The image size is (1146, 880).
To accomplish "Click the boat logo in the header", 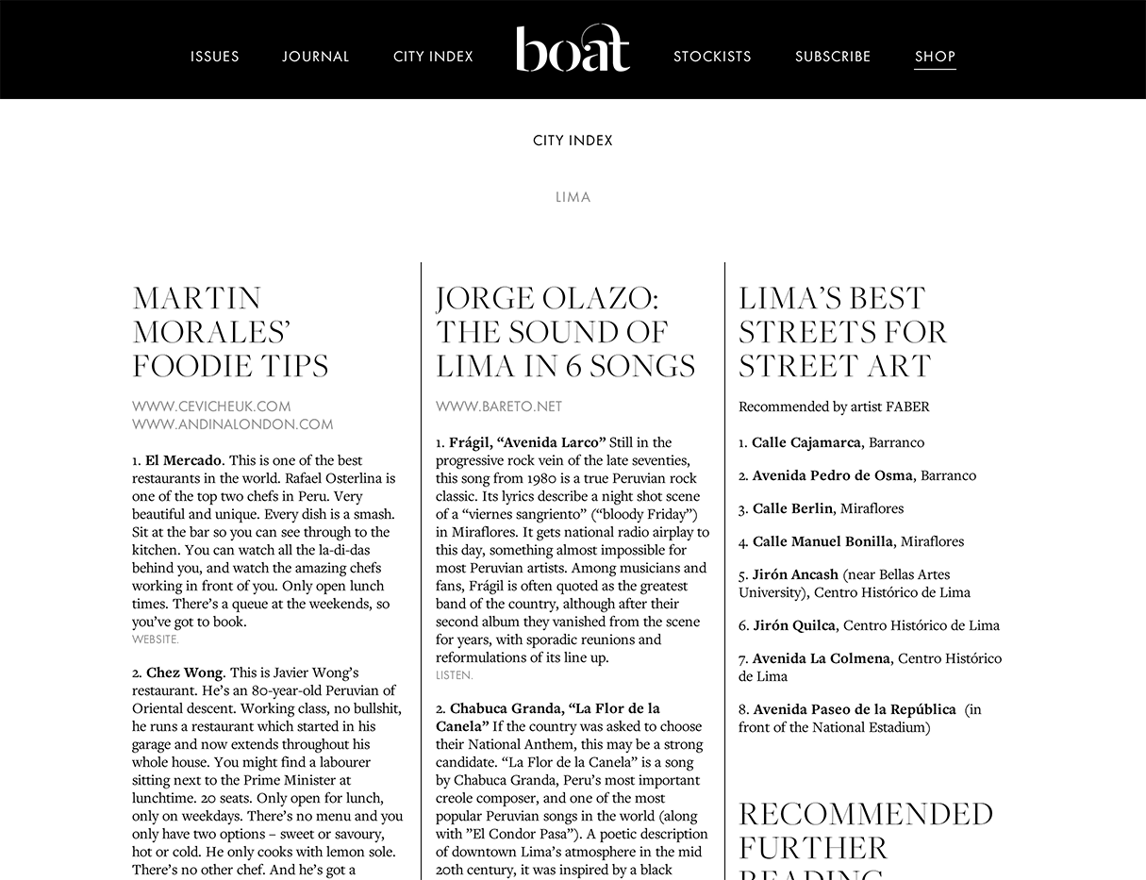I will pyautogui.click(x=573, y=49).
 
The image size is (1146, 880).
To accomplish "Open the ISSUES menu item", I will pyautogui.click(x=215, y=57).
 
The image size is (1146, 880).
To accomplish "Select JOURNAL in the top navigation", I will pyautogui.click(x=316, y=57).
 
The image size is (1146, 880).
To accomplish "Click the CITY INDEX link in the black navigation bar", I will pyautogui.click(x=433, y=57).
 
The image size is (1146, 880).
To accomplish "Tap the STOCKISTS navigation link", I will pyautogui.click(x=712, y=57).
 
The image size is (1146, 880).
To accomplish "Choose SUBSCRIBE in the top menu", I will pyautogui.click(x=833, y=57).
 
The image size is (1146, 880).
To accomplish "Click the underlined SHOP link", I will pyautogui.click(x=935, y=57).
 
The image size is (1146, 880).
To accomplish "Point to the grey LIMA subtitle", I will pyautogui.click(x=573, y=197).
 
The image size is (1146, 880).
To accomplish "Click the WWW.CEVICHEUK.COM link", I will pyautogui.click(x=211, y=407).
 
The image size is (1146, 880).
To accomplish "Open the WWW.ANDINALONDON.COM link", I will pyautogui.click(x=232, y=424).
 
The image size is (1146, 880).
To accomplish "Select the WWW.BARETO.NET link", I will pyautogui.click(x=498, y=407).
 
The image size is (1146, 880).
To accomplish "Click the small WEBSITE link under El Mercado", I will pyautogui.click(x=155, y=639).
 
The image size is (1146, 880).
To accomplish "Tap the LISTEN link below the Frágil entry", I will pyautogui.click(x=454, y=675).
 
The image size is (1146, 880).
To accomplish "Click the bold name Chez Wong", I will pyautogui.click(x=184, y=672).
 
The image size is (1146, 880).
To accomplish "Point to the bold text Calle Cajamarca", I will pyautogui.click(x=806, y=442).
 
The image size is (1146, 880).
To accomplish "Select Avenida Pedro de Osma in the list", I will pyautogui.click(x=832, y=475).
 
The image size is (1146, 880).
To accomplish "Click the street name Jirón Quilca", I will pyautogui.click(x=793, y=625).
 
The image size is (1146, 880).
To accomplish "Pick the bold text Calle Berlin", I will pyautogui.click(x=792, y=508).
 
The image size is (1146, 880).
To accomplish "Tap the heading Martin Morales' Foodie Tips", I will pyautogui.click(x=230, y=332).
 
